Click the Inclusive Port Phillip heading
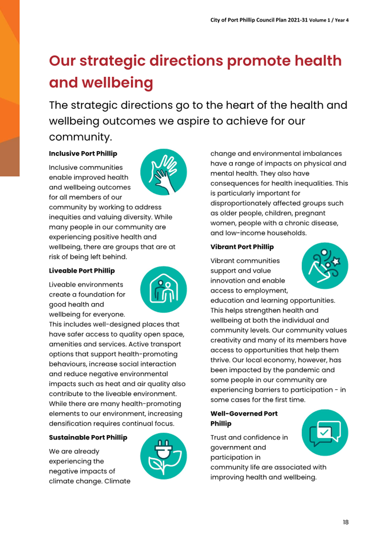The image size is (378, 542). (x=83, y=154)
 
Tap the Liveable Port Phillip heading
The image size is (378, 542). (x=82, y=271)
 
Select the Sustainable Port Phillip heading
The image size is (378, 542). (x=88, y=437)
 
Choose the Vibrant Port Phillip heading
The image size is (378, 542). (x=242, y=247)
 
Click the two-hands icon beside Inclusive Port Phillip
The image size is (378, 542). (x=164, y=172)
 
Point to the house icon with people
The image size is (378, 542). (x=164, y=289)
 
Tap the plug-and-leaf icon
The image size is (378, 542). (x=164, y=456)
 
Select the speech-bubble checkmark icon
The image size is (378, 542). (x=325, y=433)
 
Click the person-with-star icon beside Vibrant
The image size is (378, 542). (x=325, y=266)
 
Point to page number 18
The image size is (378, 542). (x=346, y=522)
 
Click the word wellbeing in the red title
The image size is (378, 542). (x=117, y=83)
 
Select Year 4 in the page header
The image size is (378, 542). (x=342, y=20)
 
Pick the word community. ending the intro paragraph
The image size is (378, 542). (x=81, y=137)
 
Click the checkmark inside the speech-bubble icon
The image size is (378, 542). (x=324, y=432)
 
